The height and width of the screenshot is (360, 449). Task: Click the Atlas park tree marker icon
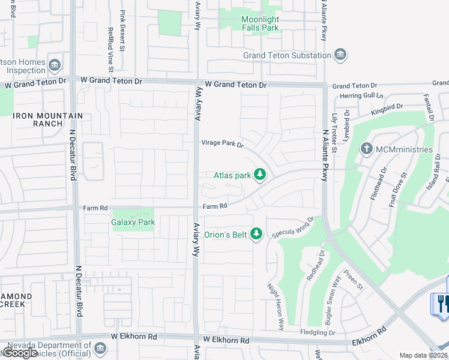click(x=260, y=175)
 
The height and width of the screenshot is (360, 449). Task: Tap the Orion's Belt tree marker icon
click(x=257, y=235)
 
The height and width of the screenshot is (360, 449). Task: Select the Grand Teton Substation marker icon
click(x=340, y=56)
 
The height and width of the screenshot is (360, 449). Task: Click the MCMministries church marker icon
click(x=367, y=149)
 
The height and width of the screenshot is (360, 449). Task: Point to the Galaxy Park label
click(x=133, y=223)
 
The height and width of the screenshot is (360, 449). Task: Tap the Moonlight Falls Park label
click(x=261, y=23)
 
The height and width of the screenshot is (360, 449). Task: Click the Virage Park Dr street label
click(x=221, y=144)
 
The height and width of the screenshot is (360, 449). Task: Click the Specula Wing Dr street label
click(x=293, y=227)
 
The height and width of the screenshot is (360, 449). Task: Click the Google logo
click(x=20, y=353)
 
